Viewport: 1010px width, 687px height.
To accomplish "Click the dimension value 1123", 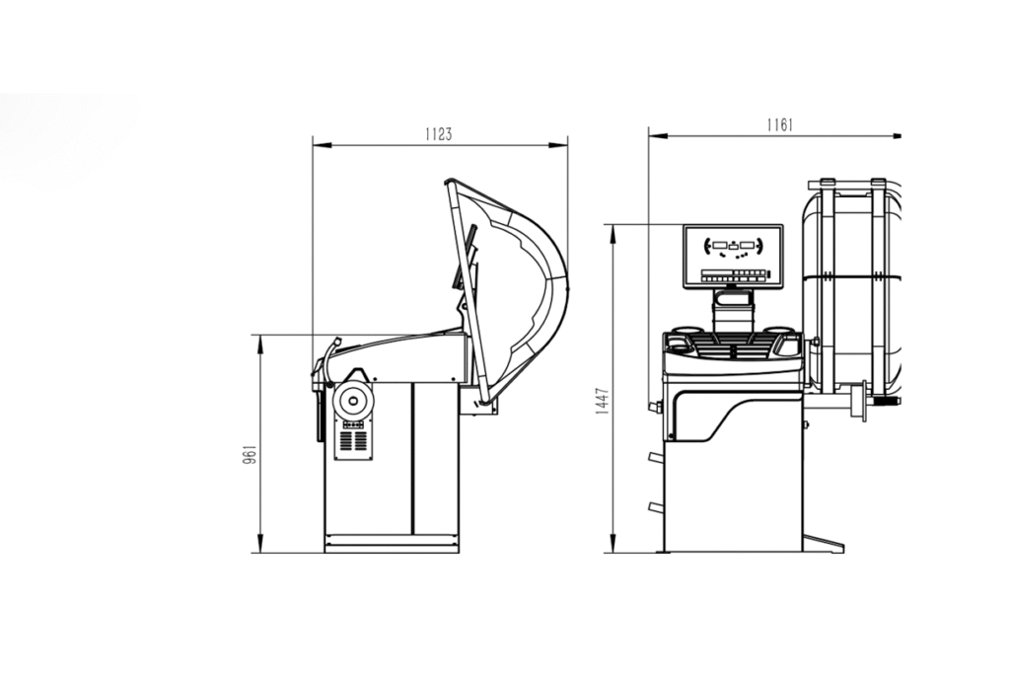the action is (439, 134).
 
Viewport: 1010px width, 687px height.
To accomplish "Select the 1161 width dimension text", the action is (779, 124).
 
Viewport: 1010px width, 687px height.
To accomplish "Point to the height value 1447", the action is (603, 401).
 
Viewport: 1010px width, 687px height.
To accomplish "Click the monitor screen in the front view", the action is (733, 257).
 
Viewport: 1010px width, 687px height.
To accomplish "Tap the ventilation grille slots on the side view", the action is (353, 441).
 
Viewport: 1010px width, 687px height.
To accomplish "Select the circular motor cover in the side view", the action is (352, 402).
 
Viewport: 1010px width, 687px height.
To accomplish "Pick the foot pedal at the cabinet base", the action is (823, 543).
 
